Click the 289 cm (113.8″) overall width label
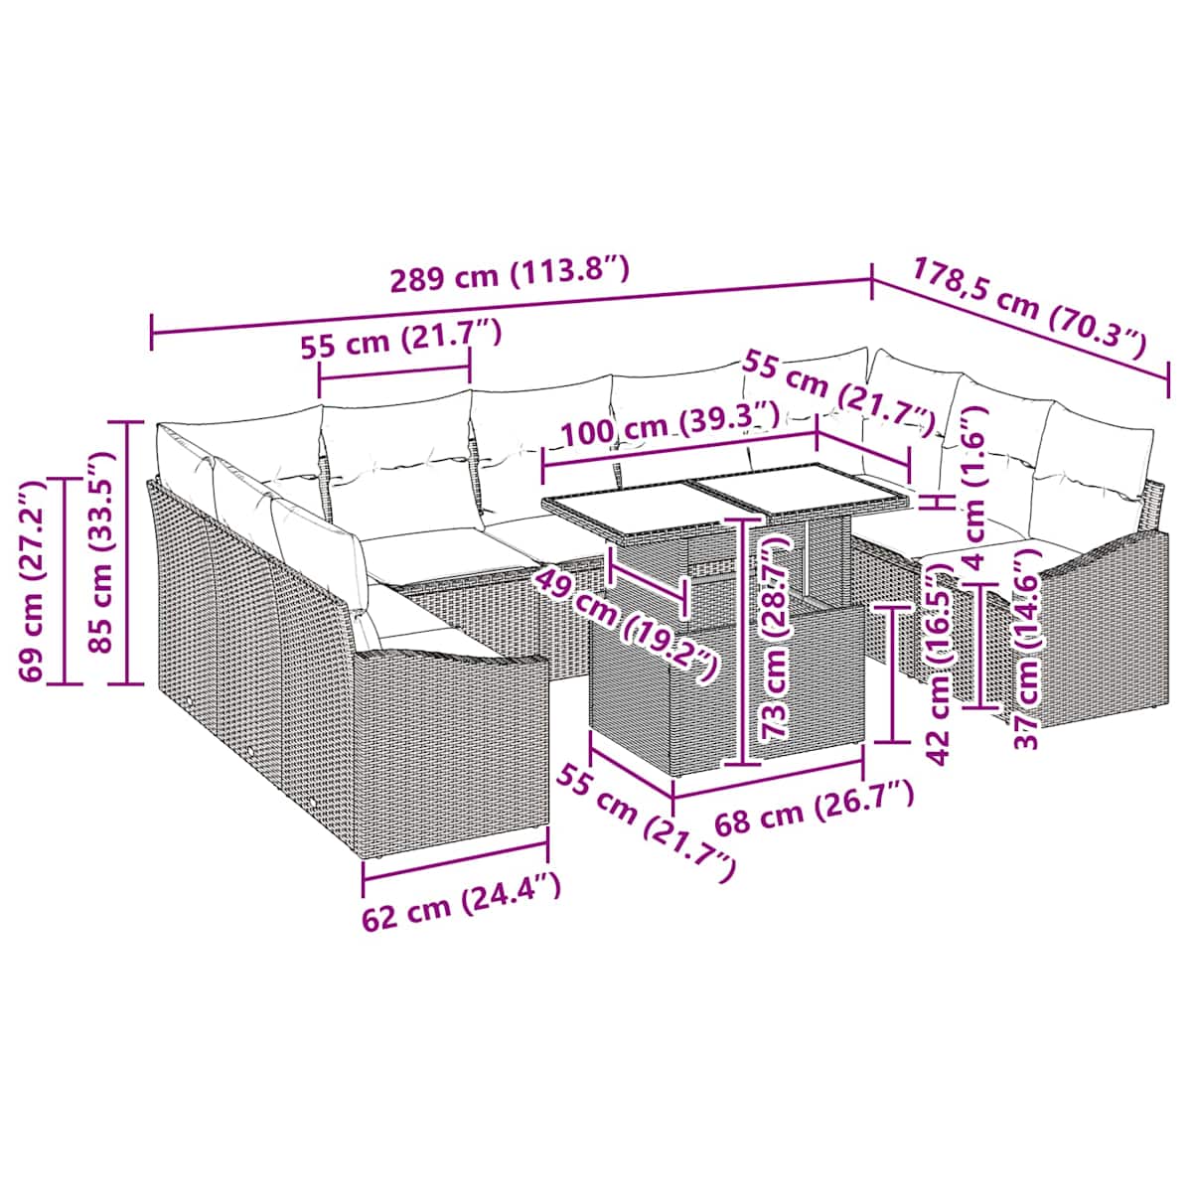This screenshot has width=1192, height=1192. coord(510,273)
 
